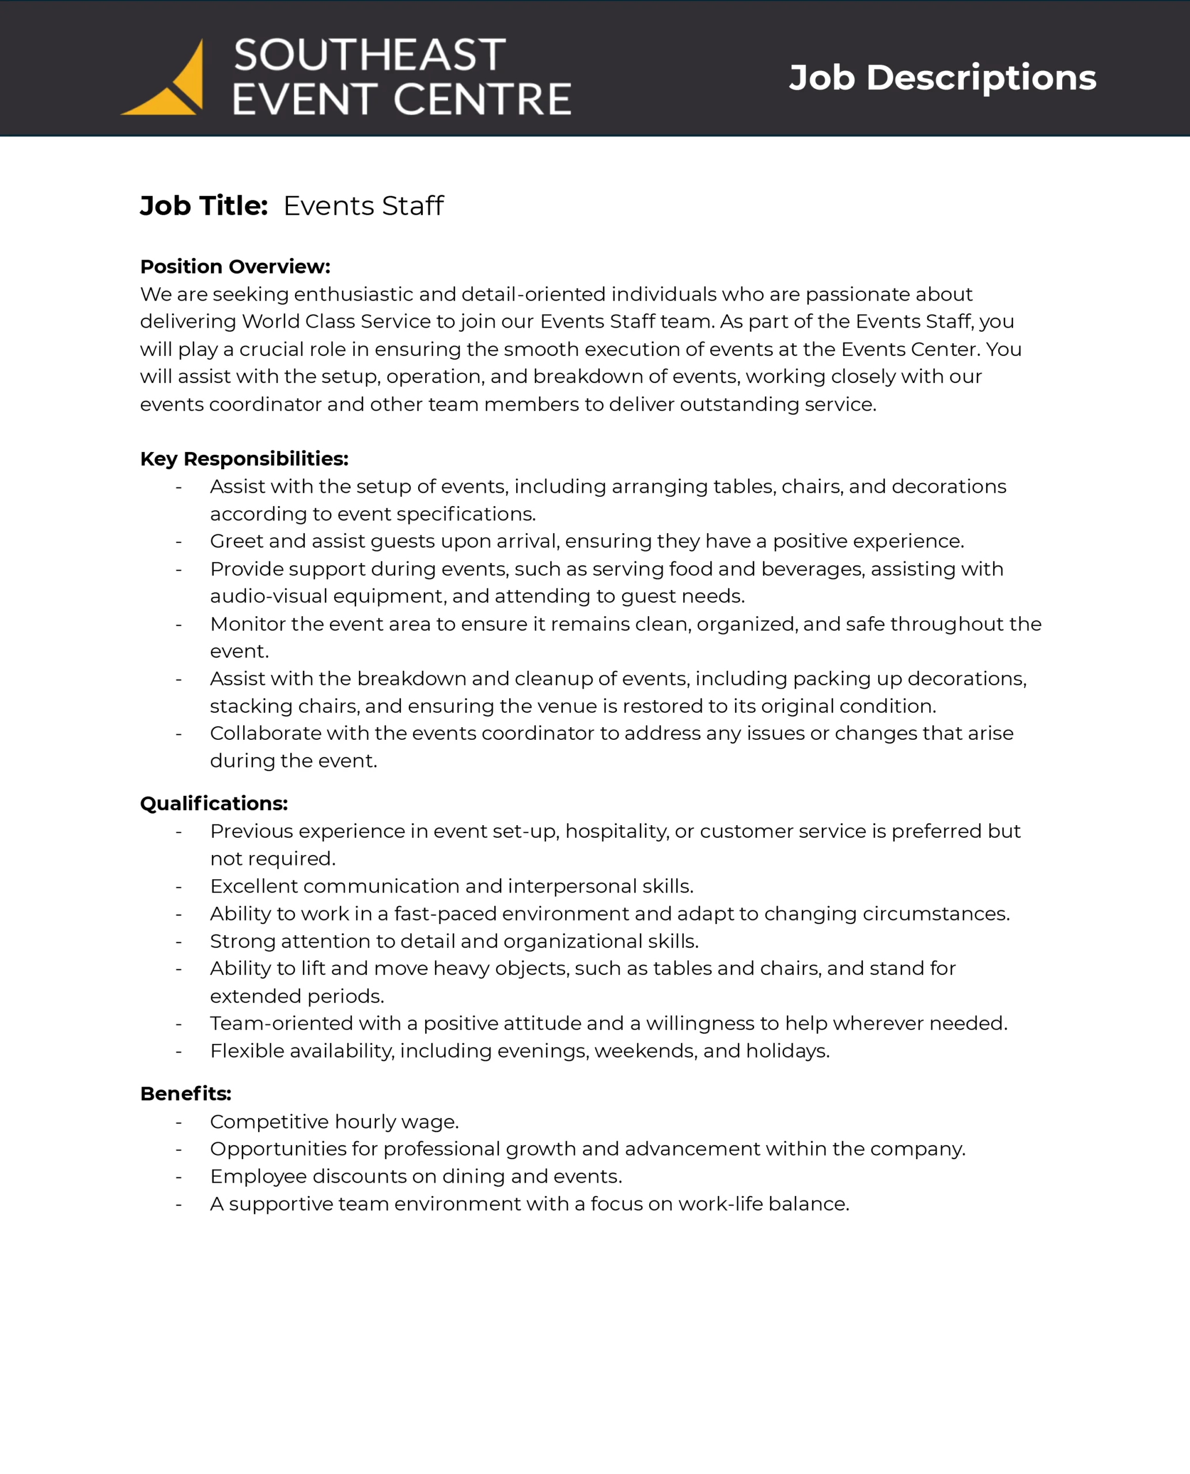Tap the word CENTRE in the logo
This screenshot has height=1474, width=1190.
483,100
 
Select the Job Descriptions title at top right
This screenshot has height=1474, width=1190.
942,77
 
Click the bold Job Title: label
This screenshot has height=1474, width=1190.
203,206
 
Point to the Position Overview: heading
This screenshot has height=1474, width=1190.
235,267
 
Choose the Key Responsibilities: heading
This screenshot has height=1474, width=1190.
244,458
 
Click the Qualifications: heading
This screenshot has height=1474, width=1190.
214,803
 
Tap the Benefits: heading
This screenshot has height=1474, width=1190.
186,1093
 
